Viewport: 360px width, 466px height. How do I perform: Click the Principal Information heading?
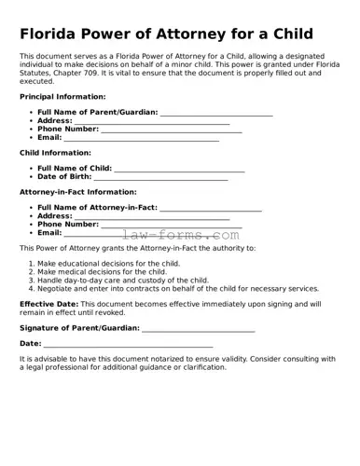62,97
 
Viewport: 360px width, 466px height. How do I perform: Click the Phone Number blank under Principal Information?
171,130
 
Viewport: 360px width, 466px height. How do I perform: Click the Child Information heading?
55,153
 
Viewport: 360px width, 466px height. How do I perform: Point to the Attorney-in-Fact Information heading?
77,192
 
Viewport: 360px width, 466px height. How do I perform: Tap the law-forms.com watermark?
180,236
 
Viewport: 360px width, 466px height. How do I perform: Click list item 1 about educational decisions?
103,264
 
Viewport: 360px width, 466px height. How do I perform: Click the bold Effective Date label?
48,304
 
